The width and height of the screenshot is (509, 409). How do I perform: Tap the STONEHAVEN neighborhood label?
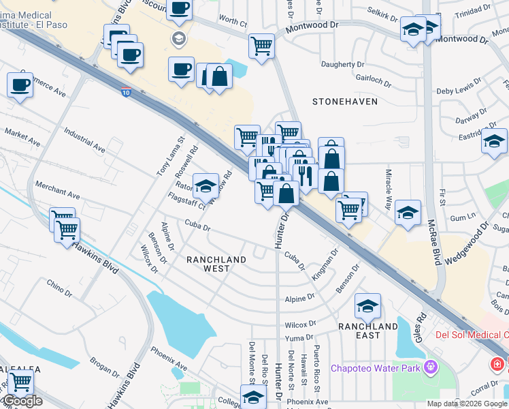click(x=340, y=102)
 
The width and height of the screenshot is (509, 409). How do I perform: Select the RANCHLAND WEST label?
click(x=217, y=264)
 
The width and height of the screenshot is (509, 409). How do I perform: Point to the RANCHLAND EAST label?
click(x=368, y=331)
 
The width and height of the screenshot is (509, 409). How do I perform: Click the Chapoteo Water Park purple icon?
click(x=429, y=369)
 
